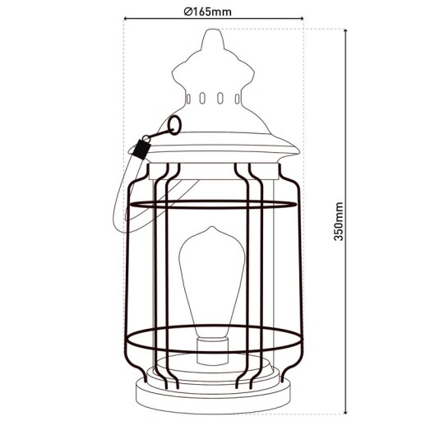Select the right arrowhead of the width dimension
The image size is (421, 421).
coord(301,22)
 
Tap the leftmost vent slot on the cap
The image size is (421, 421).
coord(190,99)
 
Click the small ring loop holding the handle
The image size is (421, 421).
coord(173,125)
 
